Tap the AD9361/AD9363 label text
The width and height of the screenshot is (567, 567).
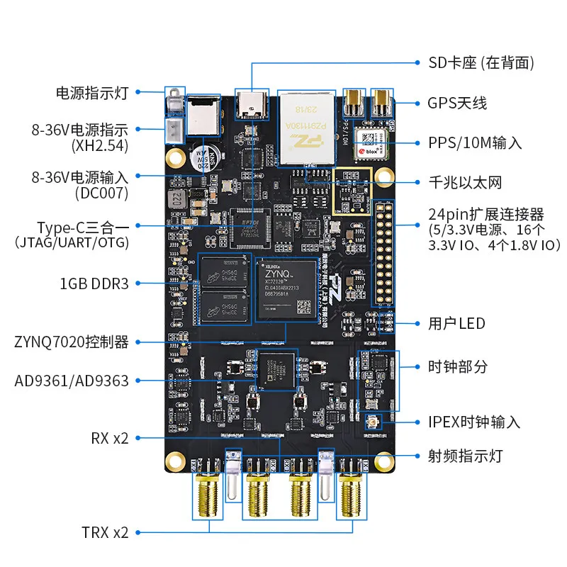click(x=72, y=381)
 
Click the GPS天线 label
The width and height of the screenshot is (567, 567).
click(x=457, y=103)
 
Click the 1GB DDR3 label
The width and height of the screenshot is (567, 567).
click(x=94, y=283)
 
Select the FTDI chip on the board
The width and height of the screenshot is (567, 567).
click(x=249, y=225)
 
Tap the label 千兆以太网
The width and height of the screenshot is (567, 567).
click(x=465, y=182)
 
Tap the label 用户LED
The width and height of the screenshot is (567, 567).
click(x=457, y=324)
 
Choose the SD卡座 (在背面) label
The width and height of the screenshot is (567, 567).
click(x=480, y=63)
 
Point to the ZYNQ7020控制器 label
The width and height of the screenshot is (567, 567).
click(x=72, y=342)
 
